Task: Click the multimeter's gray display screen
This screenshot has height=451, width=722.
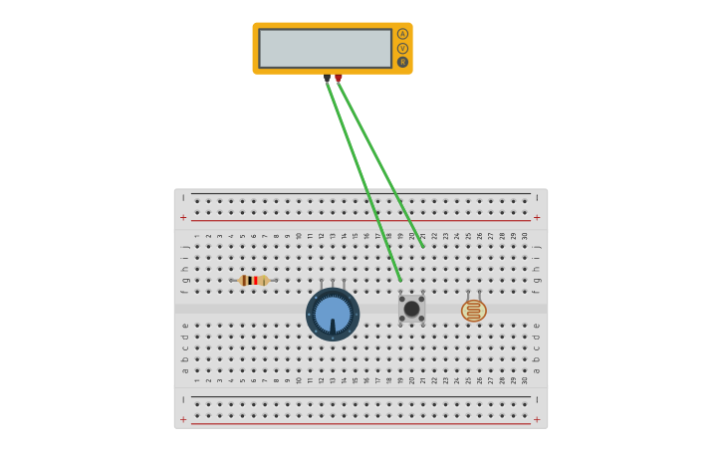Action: (x=325, y=48)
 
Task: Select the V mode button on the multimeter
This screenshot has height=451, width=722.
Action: (x=402, y=48)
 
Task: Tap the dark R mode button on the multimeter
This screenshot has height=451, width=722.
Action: (x=402, y=62)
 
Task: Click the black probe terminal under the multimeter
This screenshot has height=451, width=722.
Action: (x=327, y=78)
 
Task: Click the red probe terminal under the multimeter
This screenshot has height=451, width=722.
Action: (x=339, y=78)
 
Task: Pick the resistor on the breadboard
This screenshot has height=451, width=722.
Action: (x=254, y=281)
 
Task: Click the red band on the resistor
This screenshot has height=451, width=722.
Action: (x=257, y=281)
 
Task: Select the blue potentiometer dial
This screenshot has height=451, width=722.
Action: (x=333, y=314)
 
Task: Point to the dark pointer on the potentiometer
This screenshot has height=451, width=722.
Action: (x=333, y=326)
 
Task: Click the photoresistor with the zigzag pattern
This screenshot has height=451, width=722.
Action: (x=474, y=311)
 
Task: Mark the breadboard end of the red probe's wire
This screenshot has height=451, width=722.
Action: (x=423, y=246)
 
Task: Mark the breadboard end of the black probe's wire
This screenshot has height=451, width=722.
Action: (x=400, y=280)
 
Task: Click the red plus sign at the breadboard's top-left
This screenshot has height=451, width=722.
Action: (x=183, y=217)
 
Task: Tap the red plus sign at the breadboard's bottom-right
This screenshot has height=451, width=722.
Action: (x=537, y=419)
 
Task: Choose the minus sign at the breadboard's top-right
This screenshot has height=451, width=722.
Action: (x=537, y=198)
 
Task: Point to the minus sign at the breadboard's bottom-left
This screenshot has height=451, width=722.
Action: (x=183, y=399)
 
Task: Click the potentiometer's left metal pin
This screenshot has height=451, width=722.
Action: (x=322, y=285)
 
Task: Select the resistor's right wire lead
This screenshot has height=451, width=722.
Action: (x=272, y=281)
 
